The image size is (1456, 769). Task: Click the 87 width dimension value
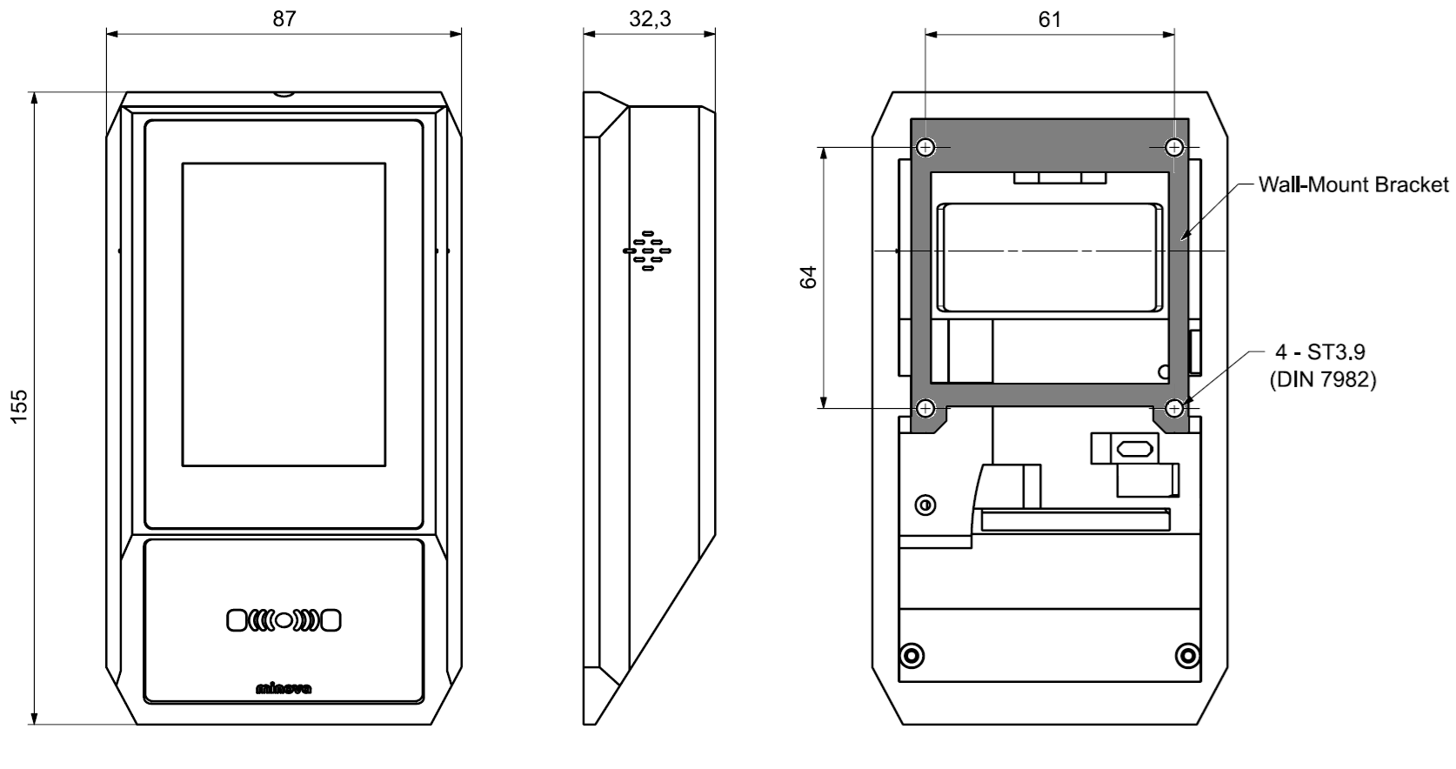[x=284, y=19]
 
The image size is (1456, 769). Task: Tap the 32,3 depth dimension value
[x=650, y=19]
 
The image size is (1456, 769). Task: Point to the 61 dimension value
[x=1050, y=19]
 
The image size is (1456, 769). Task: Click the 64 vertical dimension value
[x=808, y=278]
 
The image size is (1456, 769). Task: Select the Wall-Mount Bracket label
[x=1353, y=184]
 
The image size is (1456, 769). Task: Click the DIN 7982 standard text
[x=1322, y=380]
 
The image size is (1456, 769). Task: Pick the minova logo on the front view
[x=284, y=690]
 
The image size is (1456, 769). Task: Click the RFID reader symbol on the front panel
[x=284, y=620]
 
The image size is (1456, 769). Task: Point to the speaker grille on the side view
[x=647, y=251]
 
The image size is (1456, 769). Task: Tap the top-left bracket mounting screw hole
[x=925, y=147]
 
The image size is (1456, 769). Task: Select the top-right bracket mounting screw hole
[x=1174, y=147]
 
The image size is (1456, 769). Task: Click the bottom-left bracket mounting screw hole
[x=925, y=407]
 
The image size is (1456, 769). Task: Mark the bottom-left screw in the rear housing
[x=912, y=654]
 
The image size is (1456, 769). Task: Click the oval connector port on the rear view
[x=1135, y=449]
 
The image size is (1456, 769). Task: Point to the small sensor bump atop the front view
[x=284, y=93]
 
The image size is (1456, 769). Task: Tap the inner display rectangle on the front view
[x=284, y=314]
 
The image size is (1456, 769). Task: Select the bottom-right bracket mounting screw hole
[x=1174, y=407]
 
